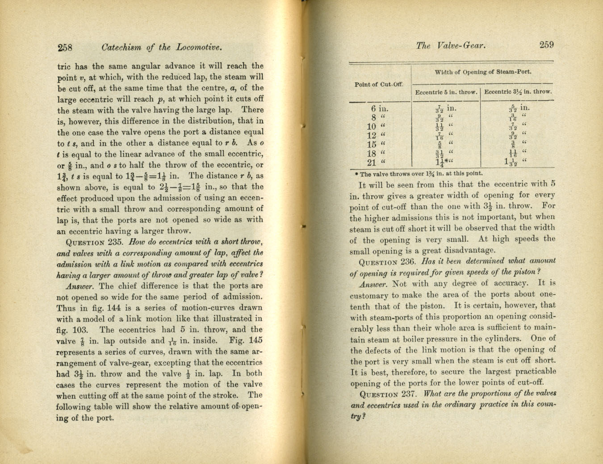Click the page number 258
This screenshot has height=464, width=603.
pyautogui.click(x=65, y=47)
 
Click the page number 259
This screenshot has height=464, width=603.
pyautogui.click(x=546, y=45)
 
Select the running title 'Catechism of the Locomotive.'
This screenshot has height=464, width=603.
pyautogui.click(x=162, y=47)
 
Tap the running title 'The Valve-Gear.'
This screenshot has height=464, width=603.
pyautogui.click(x=450, y=45)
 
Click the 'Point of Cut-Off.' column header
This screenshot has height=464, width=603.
pyautogui.click(x=379, y=84)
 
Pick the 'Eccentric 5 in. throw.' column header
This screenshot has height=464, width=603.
pyautogui.click(x=446, y=92)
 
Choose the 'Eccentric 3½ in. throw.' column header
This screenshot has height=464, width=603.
pyautogui.click(x=518, y=92)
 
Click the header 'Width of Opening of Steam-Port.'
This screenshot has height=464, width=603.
pyautogui.click(x=483, y=72)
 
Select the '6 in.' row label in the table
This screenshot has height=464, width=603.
pyautogui.click(x=379, y=108)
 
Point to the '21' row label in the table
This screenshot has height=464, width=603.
pyautogui.click(x=375, y=163)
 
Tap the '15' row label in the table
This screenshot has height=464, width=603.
pyautogui.click(x=375, y=145)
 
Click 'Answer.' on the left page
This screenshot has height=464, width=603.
pyautogui.click(x=80, y=286)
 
